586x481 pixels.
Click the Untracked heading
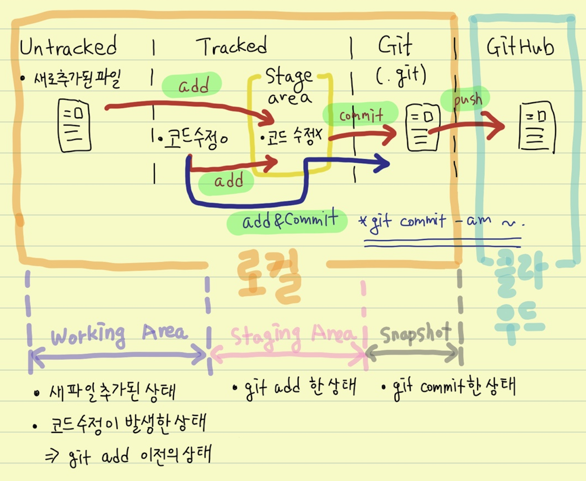tap(68, 46)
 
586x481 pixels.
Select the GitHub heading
tap(520, 47)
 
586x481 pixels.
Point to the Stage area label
tap(289, 87)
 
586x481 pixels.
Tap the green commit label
tap(361, 115)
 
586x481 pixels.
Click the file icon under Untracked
tap(74, 125)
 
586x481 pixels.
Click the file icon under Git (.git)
tap(422, 128)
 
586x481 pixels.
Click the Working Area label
tap(119, 335)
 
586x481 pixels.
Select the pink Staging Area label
tap(292, 335)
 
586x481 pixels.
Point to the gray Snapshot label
tap(415, 334)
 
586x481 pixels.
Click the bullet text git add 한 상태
tap(296, 387)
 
